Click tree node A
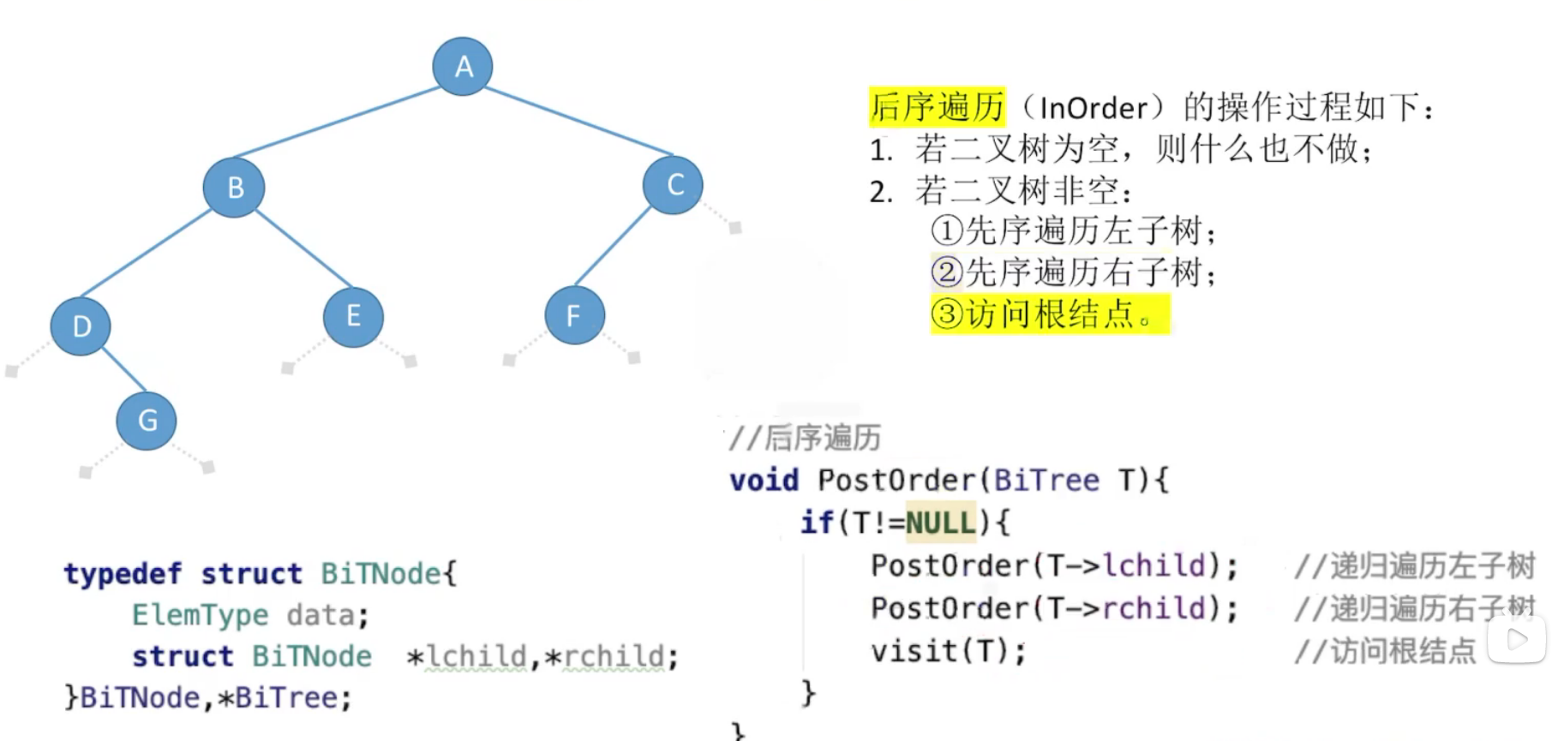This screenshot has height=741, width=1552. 463,66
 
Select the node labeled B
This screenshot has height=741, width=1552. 234,187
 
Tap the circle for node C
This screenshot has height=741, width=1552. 674,184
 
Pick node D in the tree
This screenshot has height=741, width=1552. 81,326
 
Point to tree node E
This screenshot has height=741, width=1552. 353,316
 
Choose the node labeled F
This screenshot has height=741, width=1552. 574,315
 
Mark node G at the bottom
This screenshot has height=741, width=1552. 147,420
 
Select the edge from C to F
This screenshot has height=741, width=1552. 613,246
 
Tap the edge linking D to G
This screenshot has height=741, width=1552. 124,370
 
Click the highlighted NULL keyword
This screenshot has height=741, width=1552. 940,523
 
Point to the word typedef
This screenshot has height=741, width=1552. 123,573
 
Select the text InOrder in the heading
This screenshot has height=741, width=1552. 1093,108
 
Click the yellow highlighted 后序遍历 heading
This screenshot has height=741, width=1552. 937,107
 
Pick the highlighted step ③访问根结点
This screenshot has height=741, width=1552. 1049,314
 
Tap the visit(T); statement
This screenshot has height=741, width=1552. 948,651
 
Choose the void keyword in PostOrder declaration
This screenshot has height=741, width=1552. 764,480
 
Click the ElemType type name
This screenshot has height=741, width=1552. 200,615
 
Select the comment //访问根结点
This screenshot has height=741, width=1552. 1385,651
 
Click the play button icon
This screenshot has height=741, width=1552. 1517,639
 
